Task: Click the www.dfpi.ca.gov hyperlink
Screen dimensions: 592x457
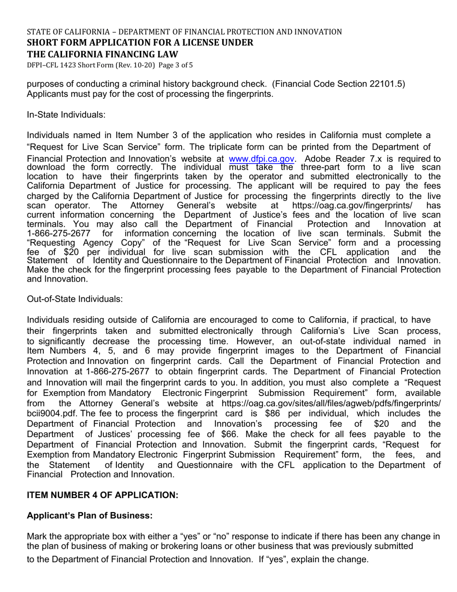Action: [262, 159]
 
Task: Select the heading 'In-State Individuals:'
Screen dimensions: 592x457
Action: [66, 115]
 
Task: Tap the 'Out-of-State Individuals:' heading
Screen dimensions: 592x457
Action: [75, 299]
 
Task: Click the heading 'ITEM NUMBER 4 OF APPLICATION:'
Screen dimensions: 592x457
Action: [102, 495]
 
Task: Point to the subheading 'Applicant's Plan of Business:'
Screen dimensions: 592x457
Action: [89, 515]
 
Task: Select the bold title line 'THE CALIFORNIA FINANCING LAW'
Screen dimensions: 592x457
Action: [102, 54]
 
